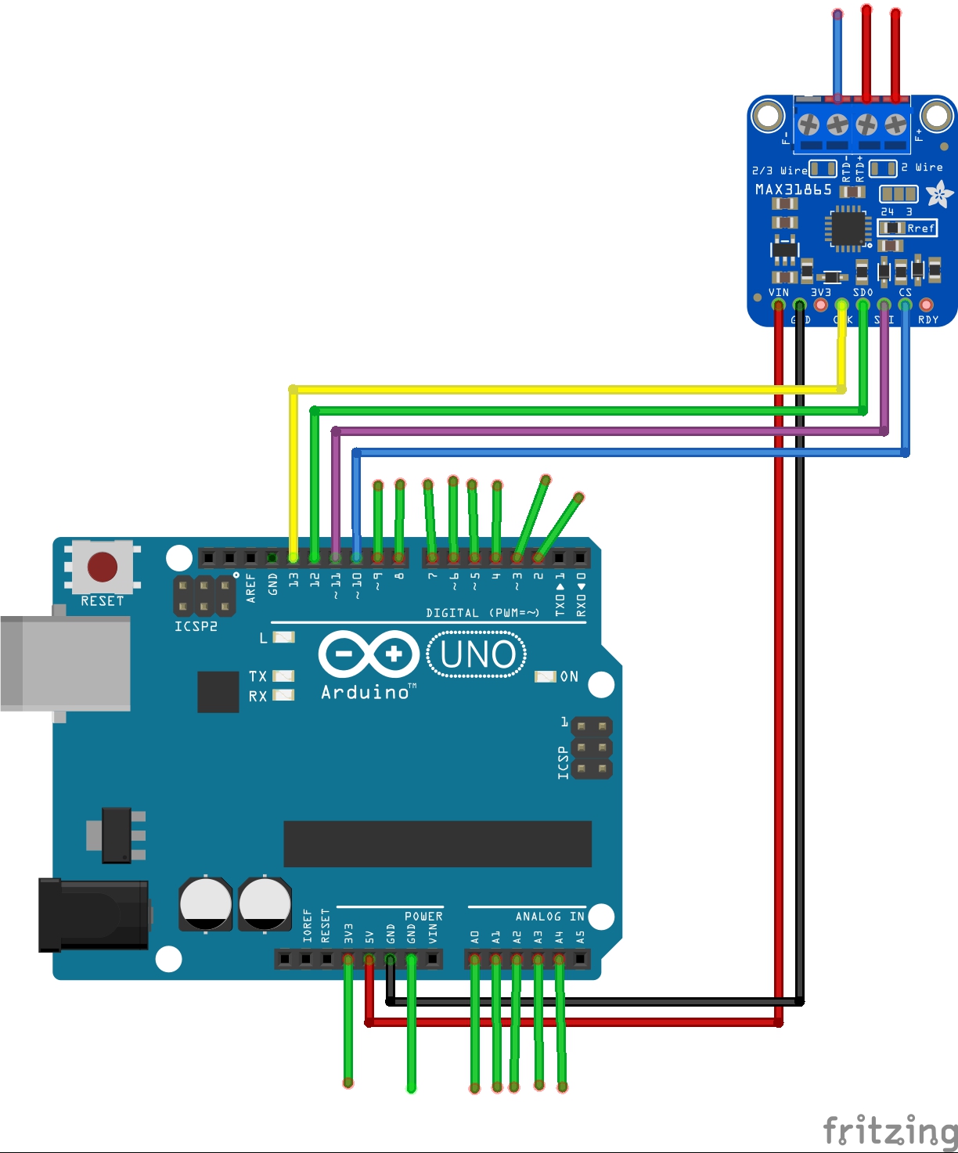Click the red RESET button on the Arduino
[x=103, y=567]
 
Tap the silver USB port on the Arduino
[x=65, y=663]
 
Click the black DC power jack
[x=94, y=914]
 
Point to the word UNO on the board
[x=477, y=654]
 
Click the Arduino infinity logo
[x=369, y=654]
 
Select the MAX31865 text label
[x=793, y=189]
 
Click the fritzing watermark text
[x=890, y=1131]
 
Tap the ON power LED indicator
[x=546, y=676]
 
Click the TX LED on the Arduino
[x=283, y=676]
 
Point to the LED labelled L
[x=283, y=637]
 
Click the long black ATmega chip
[x=437, y=844]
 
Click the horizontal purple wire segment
[x=610, y=431]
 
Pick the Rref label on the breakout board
[x=920, y=229]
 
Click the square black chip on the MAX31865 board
[x=848, y=229]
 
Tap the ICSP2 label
[x=196, y=626]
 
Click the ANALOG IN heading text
[x=549, y=917]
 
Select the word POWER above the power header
[x=423, y=917]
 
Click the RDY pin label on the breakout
[x=928, y=319]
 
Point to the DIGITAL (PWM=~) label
[x=482, y=613]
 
